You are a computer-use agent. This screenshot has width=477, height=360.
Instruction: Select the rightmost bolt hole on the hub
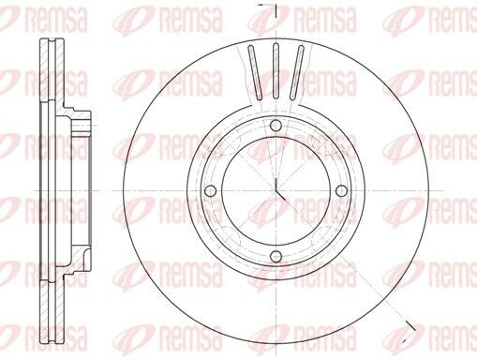(340, 192)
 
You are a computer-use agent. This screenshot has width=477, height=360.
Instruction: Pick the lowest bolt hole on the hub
(275, 258)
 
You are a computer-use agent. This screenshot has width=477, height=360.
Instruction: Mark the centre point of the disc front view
(276, 192)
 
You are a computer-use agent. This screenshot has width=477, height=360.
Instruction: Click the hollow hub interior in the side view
(70, 192)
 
